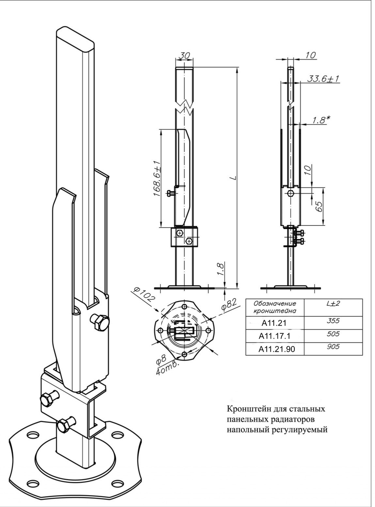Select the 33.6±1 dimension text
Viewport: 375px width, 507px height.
(323, 79)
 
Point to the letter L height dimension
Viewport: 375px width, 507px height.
(233, 177)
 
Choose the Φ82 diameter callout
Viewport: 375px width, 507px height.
(229, 304)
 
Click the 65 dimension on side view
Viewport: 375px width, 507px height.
(319, 207)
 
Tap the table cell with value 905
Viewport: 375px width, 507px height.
(333, 346)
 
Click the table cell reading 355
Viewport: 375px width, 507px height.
(333, 321)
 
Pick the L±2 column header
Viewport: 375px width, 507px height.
(333, 303)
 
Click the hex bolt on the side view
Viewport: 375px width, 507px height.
(291, 193)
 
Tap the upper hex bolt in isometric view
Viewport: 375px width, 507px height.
(100, 322)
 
